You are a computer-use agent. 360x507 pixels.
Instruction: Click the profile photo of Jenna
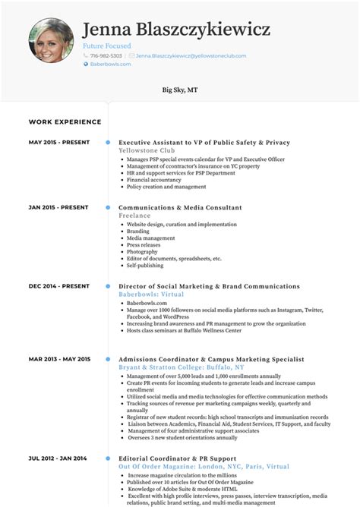pos(52,41)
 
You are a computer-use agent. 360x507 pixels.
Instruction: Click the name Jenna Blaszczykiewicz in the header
pos(176,30)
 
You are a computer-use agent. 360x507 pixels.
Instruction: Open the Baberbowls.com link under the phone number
pos(111,65)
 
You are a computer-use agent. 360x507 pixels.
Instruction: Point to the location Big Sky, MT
pos(180,90)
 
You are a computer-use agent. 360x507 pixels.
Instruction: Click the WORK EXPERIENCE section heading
pos(65,121)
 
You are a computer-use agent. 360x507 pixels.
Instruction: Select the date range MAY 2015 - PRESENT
pos(59,143)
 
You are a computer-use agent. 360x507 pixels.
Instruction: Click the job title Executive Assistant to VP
pos(204,143)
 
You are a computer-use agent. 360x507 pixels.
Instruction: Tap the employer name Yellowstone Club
pos(147,150)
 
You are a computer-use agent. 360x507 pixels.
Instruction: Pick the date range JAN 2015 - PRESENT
pos(59,207)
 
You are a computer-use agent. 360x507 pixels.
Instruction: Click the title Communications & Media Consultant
pos(180,207)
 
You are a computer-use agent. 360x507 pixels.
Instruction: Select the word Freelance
pos(135,215)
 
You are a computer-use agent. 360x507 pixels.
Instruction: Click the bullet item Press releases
pos(143,244)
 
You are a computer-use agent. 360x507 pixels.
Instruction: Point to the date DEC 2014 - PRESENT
pos(59,287)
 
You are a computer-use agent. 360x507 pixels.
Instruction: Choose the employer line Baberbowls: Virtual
pos(151,294)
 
